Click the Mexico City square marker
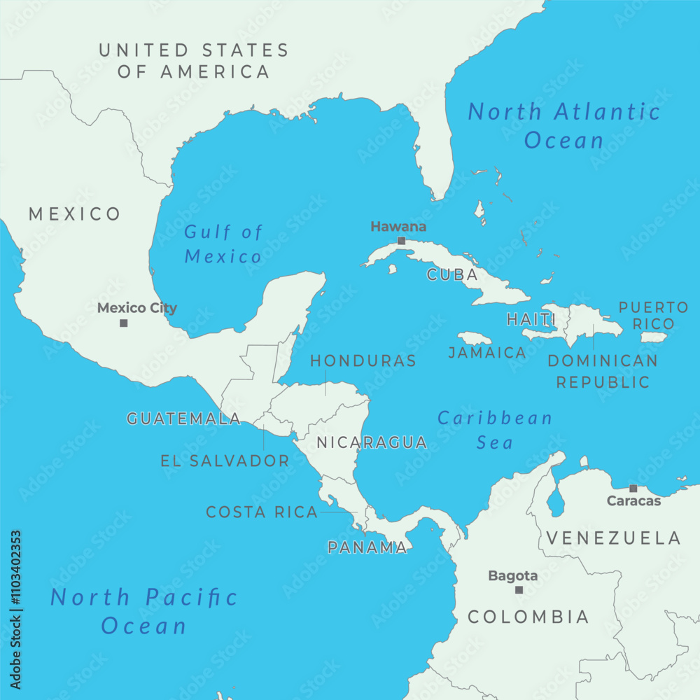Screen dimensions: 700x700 [124, 323]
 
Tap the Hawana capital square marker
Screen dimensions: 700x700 [401, 241]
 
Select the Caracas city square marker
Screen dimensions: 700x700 [633, 488]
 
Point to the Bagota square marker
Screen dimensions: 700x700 [519, 590]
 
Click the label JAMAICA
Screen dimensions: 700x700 [487, 353]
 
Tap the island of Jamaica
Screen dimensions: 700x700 [475, 338]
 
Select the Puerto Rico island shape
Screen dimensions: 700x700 [654, 337]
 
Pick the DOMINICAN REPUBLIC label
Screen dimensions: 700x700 [603, 371]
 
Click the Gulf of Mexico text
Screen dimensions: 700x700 [223, 244]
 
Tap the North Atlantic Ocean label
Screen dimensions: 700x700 [564, 125]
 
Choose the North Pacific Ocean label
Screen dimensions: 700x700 [144, 610]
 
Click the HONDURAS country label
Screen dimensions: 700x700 [363, 361]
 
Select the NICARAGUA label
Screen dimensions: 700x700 [372, 442]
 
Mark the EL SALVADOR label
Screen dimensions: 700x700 [225, 461]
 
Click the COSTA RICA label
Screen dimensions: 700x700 [262, 512]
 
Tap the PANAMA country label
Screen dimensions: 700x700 [367, 547]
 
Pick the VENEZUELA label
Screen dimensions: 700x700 [613, 538]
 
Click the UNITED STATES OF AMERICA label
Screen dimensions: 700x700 [193, 60]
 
